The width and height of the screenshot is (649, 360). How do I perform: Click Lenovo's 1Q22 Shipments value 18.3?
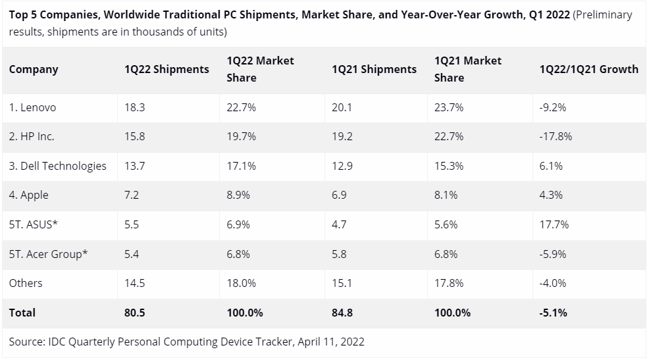(134, 108)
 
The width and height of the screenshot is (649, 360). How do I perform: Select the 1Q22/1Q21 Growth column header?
(588, 69)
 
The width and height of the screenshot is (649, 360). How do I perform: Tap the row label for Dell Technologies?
(58, 166)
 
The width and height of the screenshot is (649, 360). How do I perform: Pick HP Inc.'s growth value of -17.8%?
(556, 137)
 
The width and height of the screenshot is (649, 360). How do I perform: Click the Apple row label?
(29, 195)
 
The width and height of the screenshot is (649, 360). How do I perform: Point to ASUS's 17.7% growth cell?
(554, 224)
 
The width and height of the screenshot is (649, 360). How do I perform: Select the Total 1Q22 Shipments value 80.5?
(135, 313)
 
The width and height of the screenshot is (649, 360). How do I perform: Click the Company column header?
(34, 69)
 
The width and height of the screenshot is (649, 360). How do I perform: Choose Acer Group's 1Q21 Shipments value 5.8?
(339, 254)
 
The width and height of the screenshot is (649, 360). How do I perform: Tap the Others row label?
(26, 283)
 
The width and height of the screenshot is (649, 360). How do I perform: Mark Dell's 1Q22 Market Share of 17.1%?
(241, 166)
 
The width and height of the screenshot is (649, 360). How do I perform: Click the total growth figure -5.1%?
(554, 313)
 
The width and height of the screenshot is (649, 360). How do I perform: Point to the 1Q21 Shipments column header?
(374, 69)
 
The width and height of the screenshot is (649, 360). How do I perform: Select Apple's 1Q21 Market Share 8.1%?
(449, 195)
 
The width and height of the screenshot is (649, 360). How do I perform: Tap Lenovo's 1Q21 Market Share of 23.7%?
(449, 108)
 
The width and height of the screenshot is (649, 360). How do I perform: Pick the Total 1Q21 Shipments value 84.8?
(342, 313)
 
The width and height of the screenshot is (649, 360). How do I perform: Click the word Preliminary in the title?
(602, 14)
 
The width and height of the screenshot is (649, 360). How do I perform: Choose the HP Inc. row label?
(32, 137)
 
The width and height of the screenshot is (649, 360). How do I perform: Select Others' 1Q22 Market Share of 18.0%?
(242, 283)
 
